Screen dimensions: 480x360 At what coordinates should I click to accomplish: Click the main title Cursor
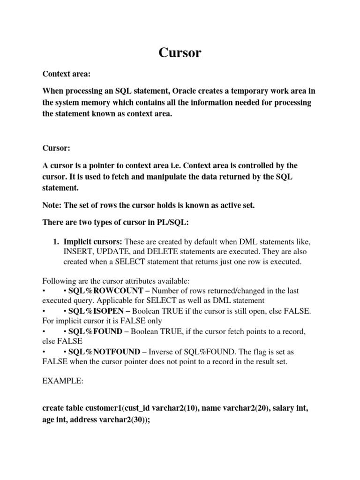(180, 52)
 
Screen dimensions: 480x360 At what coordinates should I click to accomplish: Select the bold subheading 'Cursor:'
(56, 148)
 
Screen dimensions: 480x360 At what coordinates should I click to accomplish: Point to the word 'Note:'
(52, 206)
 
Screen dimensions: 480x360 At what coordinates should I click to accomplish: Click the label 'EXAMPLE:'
(63, 382)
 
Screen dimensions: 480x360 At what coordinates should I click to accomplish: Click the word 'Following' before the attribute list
(58, 281)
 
